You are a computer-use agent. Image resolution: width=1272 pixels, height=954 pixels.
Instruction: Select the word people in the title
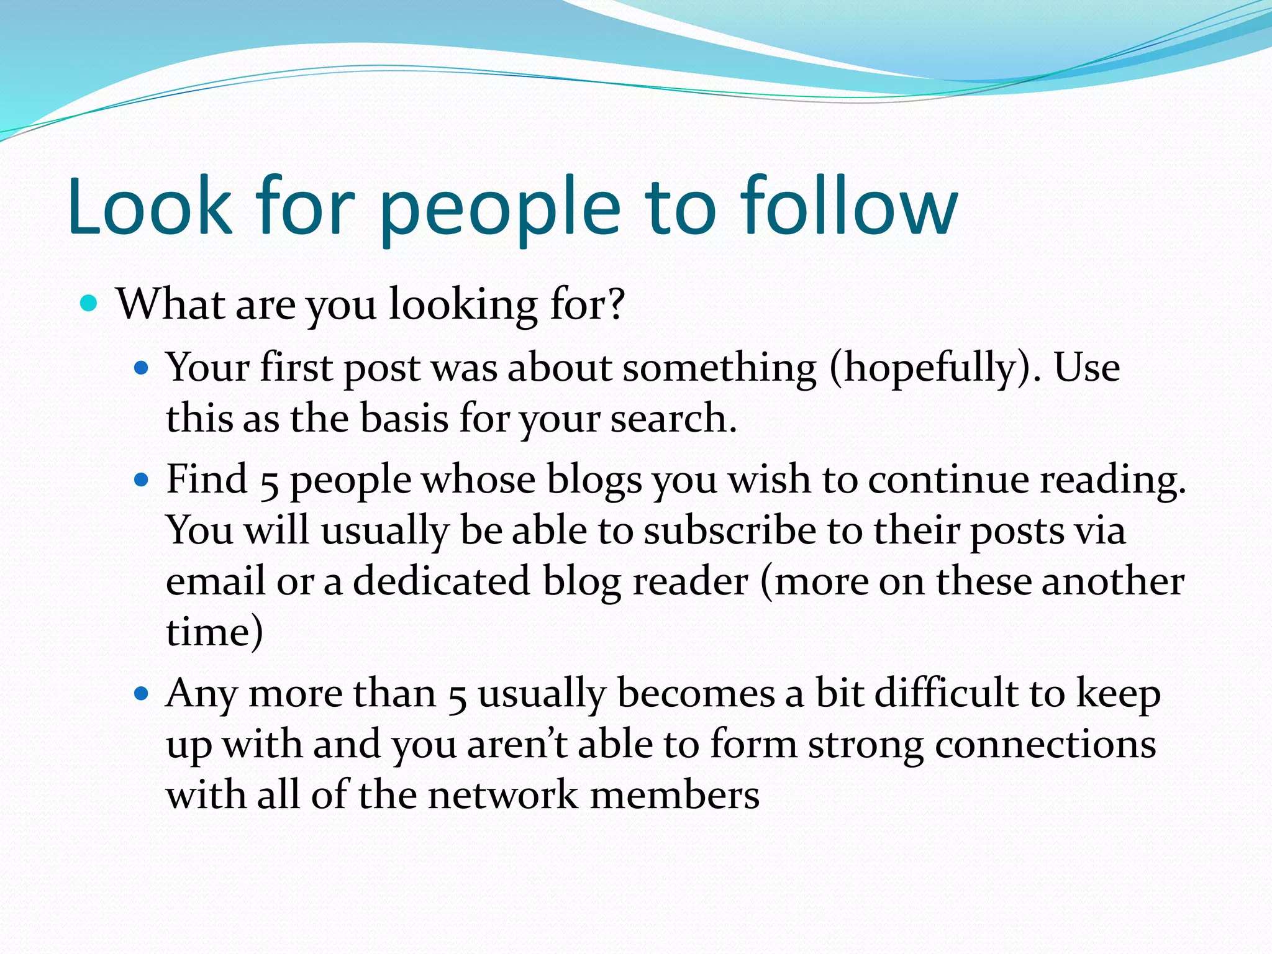point(500,211)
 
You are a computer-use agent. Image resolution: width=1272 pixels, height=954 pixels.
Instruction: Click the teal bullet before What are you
point(89,304)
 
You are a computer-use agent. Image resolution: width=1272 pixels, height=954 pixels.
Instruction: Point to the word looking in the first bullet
point(463,306)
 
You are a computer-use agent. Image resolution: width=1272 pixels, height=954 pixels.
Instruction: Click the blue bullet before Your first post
point(142,368)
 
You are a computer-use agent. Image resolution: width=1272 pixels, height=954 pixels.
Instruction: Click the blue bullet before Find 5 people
point(142,479)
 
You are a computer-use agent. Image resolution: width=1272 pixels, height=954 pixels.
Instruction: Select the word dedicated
point(442,581)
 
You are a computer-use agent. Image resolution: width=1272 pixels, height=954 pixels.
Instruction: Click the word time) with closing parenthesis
point(214,632)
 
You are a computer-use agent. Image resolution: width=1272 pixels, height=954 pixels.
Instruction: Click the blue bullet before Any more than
point(142,693)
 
